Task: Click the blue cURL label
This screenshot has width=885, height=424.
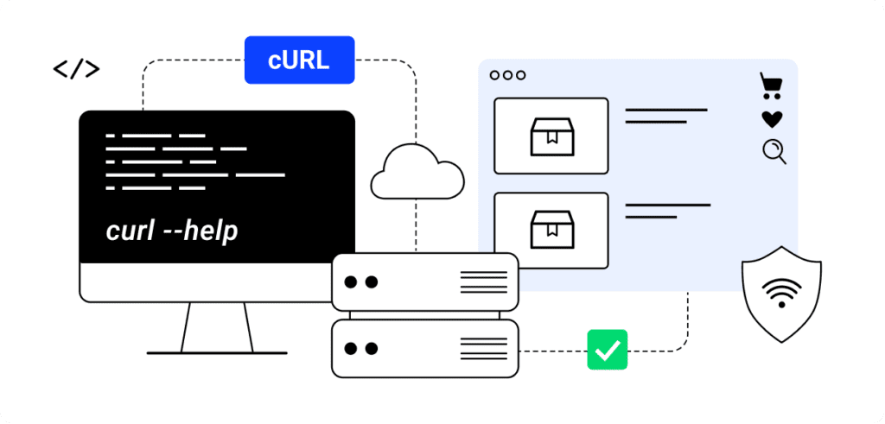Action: point(299,60)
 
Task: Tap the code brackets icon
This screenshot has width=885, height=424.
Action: point(76,69)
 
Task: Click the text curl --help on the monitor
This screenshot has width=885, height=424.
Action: point(171,231)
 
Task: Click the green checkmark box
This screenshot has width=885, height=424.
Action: point(608,350)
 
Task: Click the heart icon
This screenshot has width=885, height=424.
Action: point(772,119)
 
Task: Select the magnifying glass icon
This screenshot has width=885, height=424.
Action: point(774,152)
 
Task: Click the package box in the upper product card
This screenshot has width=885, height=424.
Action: point(551,136)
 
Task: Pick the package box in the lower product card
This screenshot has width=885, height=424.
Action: point(551,230)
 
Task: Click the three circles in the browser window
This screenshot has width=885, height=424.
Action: point(507,75)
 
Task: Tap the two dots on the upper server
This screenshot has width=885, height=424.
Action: point(361,282)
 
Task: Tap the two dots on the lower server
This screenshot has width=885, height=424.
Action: point(361,349)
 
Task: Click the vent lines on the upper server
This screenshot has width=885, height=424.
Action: point(483,282)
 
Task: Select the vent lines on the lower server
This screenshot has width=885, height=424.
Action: point(483,349)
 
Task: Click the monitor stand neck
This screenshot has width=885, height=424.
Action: point(216,326)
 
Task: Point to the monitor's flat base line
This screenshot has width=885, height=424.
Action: point(216,352)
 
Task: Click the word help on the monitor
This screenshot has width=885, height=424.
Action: point(208,231)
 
